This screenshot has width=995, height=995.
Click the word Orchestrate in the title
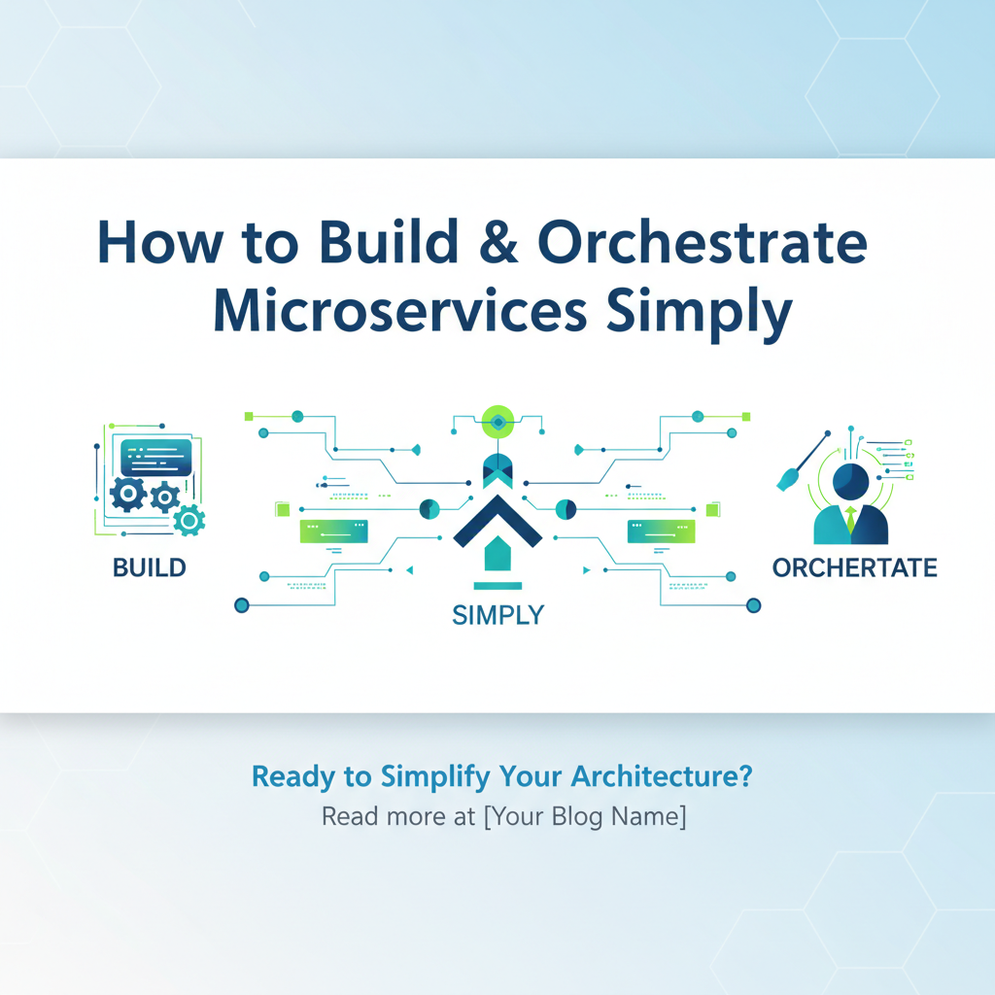point(702,242)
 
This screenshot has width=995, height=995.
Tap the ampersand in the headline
point(498,242)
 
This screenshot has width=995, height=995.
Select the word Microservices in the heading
point(400,312)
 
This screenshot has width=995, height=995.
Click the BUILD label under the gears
point(149,567)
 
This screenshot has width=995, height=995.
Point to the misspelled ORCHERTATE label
point(855,567)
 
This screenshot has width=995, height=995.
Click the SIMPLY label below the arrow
point(498,615)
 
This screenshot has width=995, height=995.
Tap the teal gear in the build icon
point(189,521)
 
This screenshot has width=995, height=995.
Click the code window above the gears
point(156,457)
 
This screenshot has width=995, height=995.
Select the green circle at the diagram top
point(498,422)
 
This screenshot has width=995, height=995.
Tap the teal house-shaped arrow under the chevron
point(497,554)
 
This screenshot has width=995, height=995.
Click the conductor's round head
point(851,482)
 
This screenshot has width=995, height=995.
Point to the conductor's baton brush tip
point(787,479)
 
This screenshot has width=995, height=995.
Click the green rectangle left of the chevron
point(334,532)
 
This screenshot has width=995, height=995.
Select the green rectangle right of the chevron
point(661,532)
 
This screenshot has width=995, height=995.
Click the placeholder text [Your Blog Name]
point(585,816)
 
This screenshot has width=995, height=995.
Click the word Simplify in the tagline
point(435,777)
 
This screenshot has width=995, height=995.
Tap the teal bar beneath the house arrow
point(497,586)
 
